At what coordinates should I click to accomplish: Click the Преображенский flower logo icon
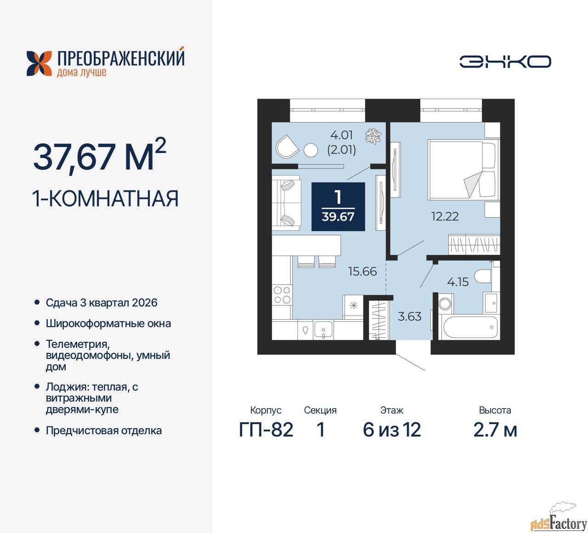tap(39, 63)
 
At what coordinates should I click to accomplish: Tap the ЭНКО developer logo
tap(505, 62)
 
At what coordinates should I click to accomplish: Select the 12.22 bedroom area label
tap(445, 216)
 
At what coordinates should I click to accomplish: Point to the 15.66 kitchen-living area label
tap(362, 271)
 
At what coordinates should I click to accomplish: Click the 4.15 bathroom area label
tap(458, 282)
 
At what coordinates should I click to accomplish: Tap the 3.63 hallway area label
tap(409, 316)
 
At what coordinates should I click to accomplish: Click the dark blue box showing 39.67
tap(338, 207)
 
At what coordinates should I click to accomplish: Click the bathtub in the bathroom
tap(470, 327)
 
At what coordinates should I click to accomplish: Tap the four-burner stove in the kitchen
tap(282, 295)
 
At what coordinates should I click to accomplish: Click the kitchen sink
tap(323, 329)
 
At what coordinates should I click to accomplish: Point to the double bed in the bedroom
tap(464, 170)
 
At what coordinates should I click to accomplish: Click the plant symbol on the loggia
tap(373, 136)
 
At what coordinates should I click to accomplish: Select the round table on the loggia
tap(311, 150)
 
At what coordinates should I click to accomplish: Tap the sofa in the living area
tap(286, 203)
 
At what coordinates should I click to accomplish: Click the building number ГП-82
tap(266, 430)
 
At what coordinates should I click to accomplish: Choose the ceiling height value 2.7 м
tap(495, 430)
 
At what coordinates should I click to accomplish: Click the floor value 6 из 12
tap(391, 430)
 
